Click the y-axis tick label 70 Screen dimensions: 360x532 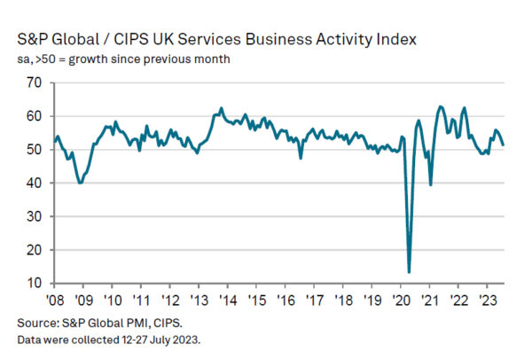[x=35, y=82]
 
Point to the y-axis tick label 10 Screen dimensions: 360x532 [x=35, y=284]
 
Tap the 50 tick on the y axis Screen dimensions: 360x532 [x=35, y=149]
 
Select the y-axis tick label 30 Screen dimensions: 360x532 [x=35, y=216]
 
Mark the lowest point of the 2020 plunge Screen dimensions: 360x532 [x=409, y=272]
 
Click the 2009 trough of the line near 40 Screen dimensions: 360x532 [x=81, y=183]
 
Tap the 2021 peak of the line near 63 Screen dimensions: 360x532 [x=441, y=106]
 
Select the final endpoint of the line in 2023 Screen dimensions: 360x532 [x=504, y=145]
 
